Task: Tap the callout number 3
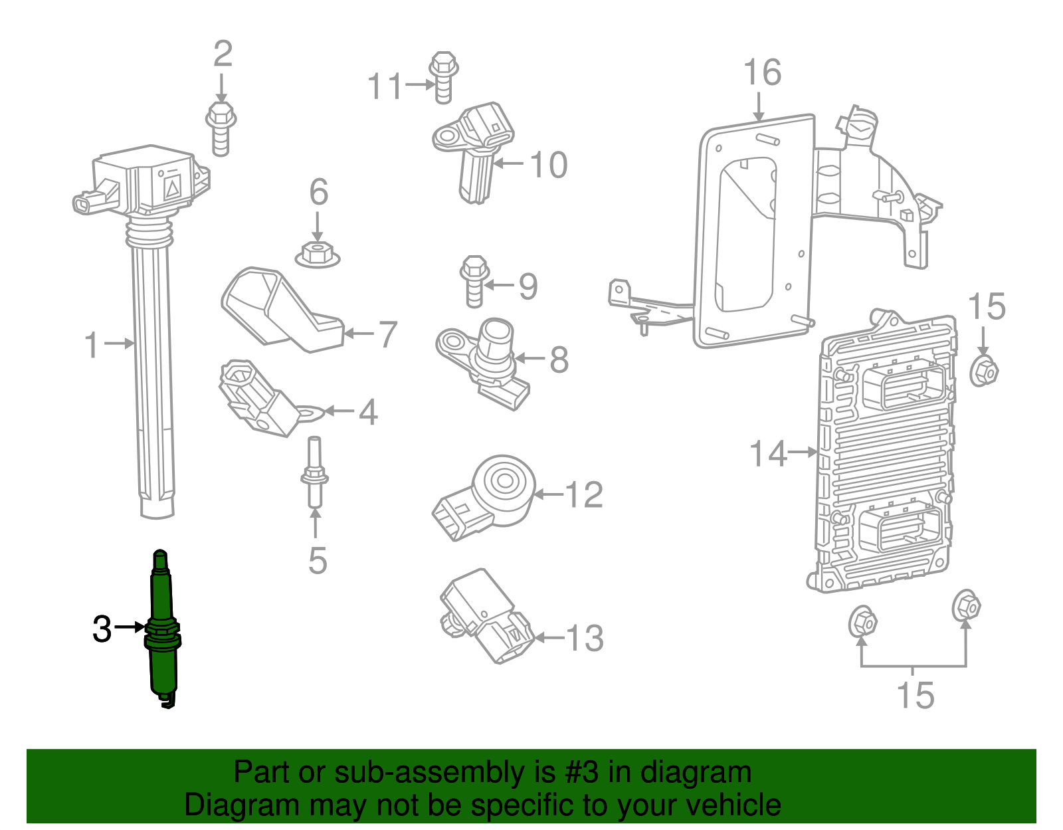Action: coord(102,629)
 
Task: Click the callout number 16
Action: coord(761,72)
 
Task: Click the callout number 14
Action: coord(767,454)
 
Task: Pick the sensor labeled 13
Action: coord(485,615)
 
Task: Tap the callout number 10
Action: coord(549,164)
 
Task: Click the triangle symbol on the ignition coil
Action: coord(171,188)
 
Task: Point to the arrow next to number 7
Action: coord(359,334)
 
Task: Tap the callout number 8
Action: coord(559,360)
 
